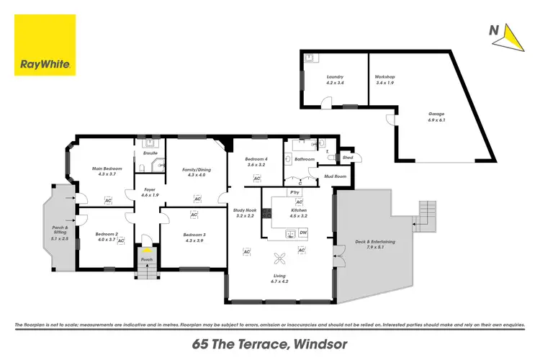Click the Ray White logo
[45, 45]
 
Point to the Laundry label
[334, 77]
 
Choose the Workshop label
[385, 77]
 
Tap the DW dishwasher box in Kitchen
[303, 233]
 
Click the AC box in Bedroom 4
[256, 177]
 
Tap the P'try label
[294, 193]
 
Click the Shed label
[347, 157]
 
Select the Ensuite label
[150, 153]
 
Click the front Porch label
[147, 259]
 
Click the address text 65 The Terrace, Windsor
[270, 344]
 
